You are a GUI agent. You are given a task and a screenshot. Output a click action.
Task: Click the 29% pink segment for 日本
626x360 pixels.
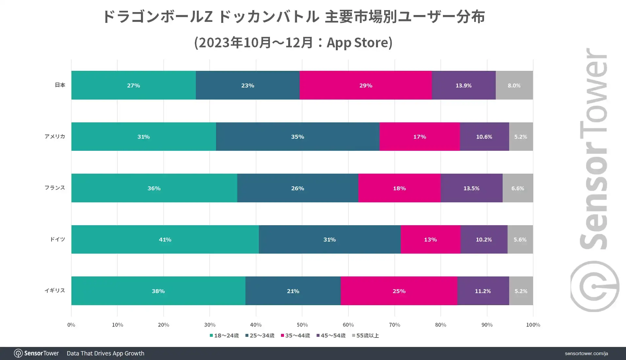pos(366,85)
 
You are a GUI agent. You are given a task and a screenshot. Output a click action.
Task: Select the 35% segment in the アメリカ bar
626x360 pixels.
pos(297,136)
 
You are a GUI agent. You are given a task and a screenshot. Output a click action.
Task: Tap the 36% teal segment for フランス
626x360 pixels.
pos(154,188)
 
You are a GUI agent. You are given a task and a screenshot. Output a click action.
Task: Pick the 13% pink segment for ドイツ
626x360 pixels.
pos(430,239)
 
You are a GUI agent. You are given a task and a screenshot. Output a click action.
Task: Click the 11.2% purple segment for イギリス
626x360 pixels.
pos(483,291)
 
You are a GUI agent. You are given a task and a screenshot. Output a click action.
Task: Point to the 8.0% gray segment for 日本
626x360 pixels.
pos(514,85)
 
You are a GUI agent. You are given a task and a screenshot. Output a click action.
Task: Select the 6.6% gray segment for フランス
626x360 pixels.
pos(518,188)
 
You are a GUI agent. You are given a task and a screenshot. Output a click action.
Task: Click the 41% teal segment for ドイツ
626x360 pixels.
pos(165,239)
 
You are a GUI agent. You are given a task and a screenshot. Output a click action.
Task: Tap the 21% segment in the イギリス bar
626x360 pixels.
pos(293,291)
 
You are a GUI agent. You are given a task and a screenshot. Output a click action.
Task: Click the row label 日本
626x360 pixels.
pos(60,85)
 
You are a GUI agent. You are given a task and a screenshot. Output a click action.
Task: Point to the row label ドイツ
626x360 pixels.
pos(57,239)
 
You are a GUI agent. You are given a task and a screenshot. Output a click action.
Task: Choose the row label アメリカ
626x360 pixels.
pos(55,136)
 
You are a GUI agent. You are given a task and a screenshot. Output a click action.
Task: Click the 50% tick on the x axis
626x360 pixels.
pos(302,325)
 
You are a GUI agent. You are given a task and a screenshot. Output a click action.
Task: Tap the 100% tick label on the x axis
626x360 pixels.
pos(533,325)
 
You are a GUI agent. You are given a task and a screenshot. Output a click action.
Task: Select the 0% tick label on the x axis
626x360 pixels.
pos(71,325)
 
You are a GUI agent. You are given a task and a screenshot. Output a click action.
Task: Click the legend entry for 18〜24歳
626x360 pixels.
pos(224,336)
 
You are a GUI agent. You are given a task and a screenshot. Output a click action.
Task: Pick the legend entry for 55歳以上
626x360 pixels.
pos(366,336)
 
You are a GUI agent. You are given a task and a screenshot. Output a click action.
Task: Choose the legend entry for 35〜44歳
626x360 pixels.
pos(295,336)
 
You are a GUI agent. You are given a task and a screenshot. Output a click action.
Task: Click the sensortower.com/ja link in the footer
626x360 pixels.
pos(586,353)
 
